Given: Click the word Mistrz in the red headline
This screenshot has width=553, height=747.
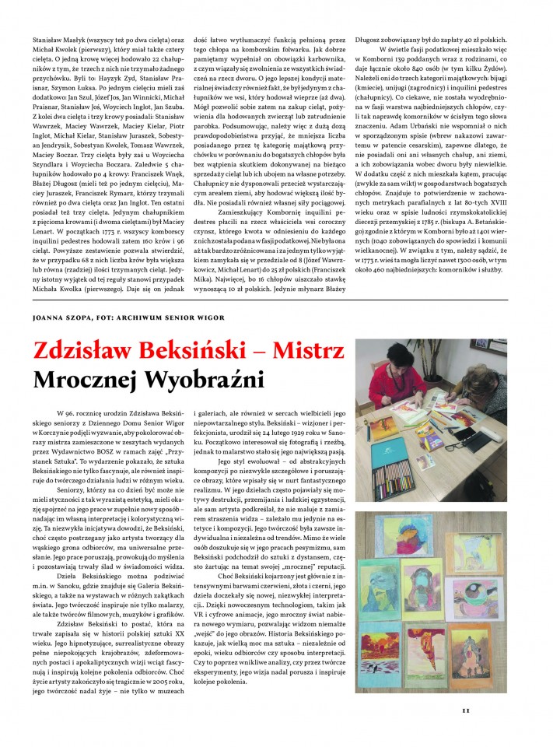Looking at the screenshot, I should (x=305, y=352).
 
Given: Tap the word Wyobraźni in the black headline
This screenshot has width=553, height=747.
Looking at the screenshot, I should (x=204, y=381).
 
